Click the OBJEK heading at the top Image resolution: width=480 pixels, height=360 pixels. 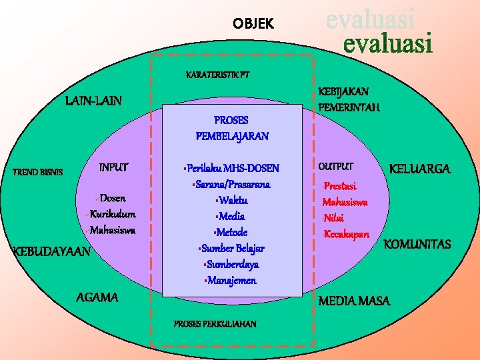coord(253,25)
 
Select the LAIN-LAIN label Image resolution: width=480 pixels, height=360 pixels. coord(94,101)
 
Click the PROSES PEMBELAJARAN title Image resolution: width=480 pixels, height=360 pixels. coord(231,128)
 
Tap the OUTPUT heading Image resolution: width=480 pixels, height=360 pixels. coord(337,166)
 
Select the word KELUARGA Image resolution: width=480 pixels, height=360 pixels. coord(419,169)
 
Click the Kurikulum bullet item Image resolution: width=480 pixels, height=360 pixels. coord(112,214)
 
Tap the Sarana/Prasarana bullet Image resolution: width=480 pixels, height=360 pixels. coord(231,183)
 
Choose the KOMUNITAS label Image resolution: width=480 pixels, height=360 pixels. coord(417,245)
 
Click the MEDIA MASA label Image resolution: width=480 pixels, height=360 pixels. coord(354,301)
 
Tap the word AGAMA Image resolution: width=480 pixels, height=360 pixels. coord(98,297)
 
